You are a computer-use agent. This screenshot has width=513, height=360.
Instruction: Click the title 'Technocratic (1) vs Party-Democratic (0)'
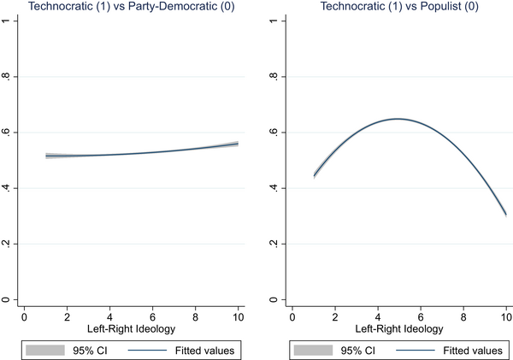(x=131, y=7)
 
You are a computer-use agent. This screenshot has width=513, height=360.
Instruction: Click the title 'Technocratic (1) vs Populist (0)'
(x=398, y=7)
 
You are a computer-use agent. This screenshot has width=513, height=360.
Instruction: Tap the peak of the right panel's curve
(x=398, y=119)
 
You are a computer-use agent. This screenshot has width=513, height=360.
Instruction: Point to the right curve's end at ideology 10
(x=505, y=215)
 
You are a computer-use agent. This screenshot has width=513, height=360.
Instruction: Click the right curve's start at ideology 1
(x=315, y=176)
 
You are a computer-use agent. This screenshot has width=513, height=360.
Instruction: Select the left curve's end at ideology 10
(x=238, y=144)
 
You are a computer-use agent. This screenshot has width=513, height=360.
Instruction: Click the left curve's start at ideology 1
(x=45, y=156)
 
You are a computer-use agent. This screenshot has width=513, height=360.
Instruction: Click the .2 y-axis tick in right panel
(x=276, y=244)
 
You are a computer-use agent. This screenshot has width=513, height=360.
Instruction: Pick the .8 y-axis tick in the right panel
(x=276, y=77)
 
